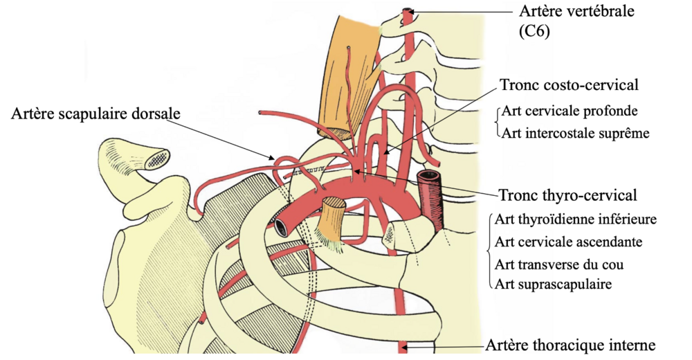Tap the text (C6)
coord(534,31)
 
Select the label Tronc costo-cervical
coord(568,84)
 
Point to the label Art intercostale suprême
coord(575,133)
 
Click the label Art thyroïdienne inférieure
coord(576,219)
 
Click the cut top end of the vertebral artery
coord(408,12)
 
